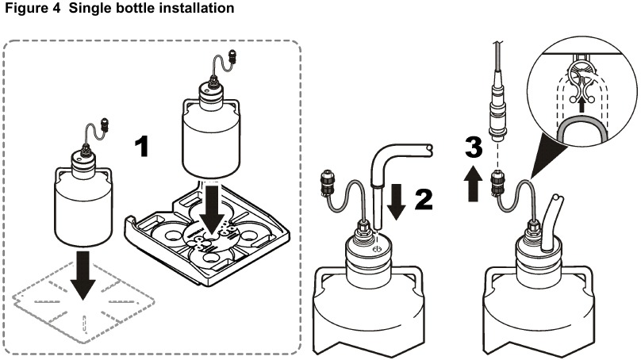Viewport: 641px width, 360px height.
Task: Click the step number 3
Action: point(474,147)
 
